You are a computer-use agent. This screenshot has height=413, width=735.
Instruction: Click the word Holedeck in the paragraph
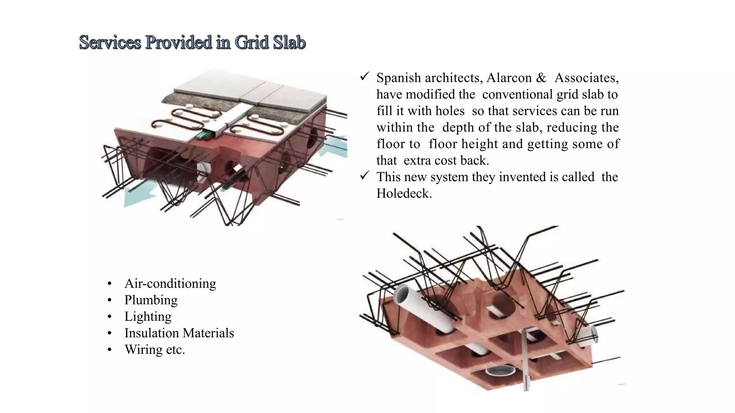point(403,194)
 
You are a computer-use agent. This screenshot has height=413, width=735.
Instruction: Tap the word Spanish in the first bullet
point(398,78)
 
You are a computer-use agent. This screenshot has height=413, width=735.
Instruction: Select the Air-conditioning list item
point(170,284)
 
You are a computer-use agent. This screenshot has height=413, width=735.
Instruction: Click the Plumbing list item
point(151,300)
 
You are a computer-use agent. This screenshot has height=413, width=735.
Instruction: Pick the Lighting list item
point(148,317)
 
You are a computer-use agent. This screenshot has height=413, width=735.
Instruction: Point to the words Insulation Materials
point(179,333)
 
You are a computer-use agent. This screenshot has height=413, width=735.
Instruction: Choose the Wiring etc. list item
point(155,350)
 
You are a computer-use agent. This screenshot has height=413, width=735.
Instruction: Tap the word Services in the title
point(110,43)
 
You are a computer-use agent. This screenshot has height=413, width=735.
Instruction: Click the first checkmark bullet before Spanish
point(365,77)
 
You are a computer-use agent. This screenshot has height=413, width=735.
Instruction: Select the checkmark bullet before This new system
point(365,176)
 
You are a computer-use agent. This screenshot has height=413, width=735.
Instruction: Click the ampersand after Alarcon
point(541,78)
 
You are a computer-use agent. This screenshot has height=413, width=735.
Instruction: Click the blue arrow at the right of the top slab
point(334,145)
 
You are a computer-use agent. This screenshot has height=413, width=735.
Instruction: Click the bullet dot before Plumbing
point(110,300)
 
